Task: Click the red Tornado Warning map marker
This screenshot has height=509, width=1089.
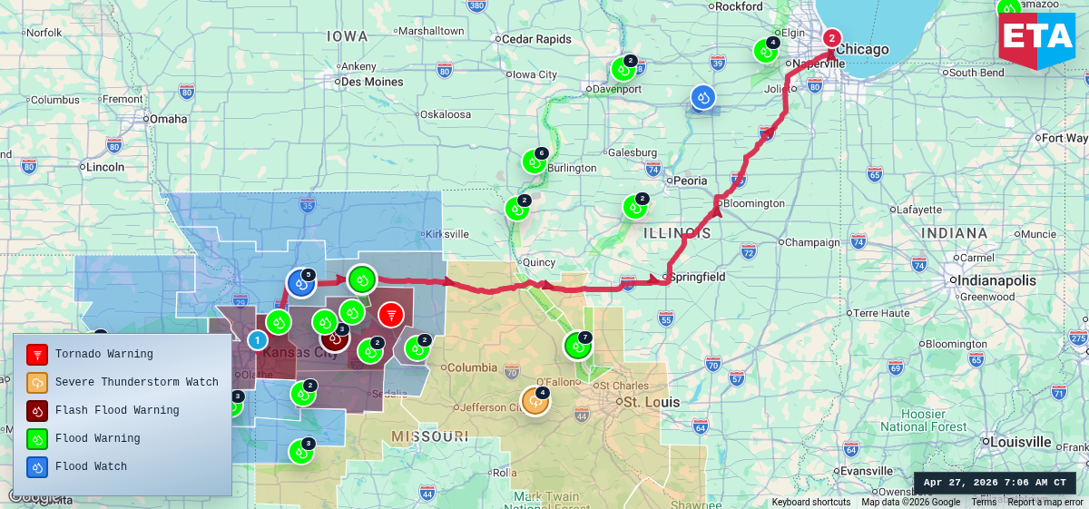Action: click(x=391, y=315)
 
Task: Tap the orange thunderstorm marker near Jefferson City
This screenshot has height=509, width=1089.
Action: click(x=535, y=401)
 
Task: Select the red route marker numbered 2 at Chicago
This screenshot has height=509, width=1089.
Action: click(x=831, y=38)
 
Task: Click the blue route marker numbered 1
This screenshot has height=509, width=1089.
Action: click(x=258, y=340)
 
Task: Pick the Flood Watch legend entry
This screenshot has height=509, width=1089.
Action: click(x=91, y=466)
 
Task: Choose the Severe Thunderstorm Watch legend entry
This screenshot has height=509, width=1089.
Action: click(x=136, y=382)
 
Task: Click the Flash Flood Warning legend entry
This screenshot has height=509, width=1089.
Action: click(x=116, y=410)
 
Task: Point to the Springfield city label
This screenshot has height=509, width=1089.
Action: click(x=697, y=277)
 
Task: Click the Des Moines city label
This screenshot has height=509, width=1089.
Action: click(x=372, y=82)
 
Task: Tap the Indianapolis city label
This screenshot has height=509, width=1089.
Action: click(x=996, y=280)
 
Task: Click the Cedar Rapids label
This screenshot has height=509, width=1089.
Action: click(x=536, y=39)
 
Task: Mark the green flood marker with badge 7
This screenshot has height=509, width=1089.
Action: click(x=577, y=345)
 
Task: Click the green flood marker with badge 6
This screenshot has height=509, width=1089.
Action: click(x=534, y=162)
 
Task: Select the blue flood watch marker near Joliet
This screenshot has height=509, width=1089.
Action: click(x=702, y=97)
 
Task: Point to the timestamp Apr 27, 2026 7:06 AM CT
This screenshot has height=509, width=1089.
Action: click(x=995, y=483)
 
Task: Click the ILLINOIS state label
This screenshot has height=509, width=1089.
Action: click(x=677, y=233)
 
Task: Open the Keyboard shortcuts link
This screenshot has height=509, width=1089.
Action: click(x=811, y=502)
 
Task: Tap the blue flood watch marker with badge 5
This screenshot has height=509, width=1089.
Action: click(x=300, y=283)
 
